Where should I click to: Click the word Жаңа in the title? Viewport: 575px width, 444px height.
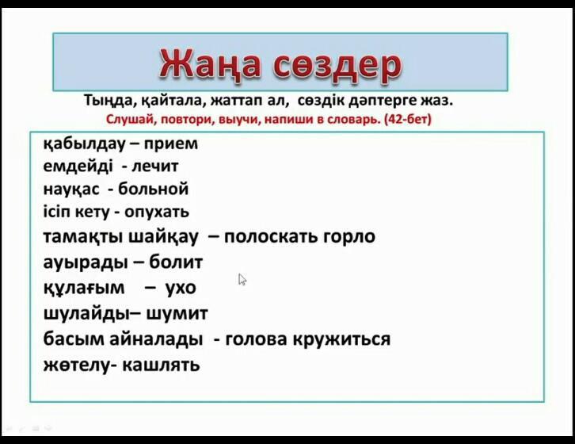point(210,64)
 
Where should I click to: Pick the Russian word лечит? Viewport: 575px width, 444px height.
point(154,166)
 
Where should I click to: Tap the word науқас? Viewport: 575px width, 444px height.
point(71,189)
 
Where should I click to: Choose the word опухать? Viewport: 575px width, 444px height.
point(157,212)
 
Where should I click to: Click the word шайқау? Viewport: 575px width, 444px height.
point(164,236)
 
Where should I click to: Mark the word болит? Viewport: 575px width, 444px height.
point(176,262)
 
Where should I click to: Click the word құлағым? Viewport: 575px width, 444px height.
point(84,288)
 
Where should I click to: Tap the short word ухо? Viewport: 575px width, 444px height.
point(181,288)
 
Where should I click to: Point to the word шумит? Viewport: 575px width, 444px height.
point(177,314)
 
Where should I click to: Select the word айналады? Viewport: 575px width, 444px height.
point(156,339)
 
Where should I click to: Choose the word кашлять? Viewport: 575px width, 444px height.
point(161,365)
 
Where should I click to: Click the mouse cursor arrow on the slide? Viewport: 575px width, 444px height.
point(242,279)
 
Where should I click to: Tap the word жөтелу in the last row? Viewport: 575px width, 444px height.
point(76,365)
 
